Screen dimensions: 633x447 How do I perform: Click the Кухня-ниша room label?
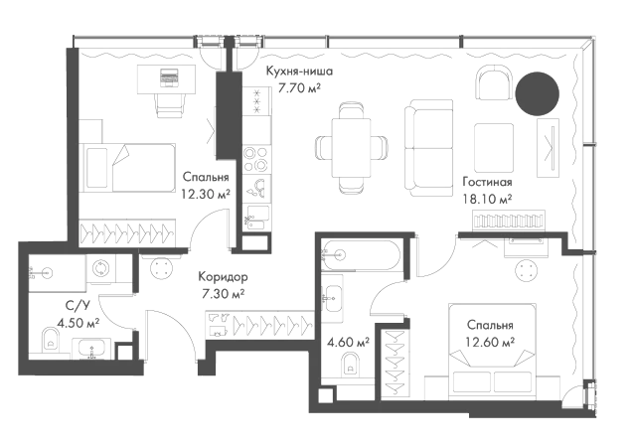coord(299,72)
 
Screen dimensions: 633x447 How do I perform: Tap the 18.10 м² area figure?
coord(488,199)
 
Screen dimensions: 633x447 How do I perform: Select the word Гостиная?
coord(487,182)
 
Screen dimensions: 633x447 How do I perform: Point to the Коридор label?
coord(223,277)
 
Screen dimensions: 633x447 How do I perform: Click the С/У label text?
coord(78,306)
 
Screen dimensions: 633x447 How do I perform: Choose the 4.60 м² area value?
coord(349,343)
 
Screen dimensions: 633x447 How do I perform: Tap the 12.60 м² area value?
coord(490,343)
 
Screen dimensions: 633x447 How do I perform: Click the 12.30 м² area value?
coord(206,195)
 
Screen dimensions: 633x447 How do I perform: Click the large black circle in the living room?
coord(538,93)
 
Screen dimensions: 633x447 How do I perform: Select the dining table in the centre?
coord(351,148)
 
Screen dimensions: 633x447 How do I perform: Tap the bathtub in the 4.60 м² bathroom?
coord(361,255)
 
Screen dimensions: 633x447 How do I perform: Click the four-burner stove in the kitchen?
coord(256,159)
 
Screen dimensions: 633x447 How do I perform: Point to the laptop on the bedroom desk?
coord(169,77)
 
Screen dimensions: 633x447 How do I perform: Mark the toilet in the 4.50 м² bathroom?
coord(50,340)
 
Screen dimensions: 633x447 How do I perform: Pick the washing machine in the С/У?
coord(100,268)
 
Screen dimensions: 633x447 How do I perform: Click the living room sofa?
coord(428,148)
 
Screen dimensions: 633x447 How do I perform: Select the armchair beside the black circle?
coord(494,82)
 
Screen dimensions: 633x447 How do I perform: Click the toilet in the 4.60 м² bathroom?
coord(350,365)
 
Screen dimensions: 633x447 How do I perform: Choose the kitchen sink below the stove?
coord(256,188)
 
